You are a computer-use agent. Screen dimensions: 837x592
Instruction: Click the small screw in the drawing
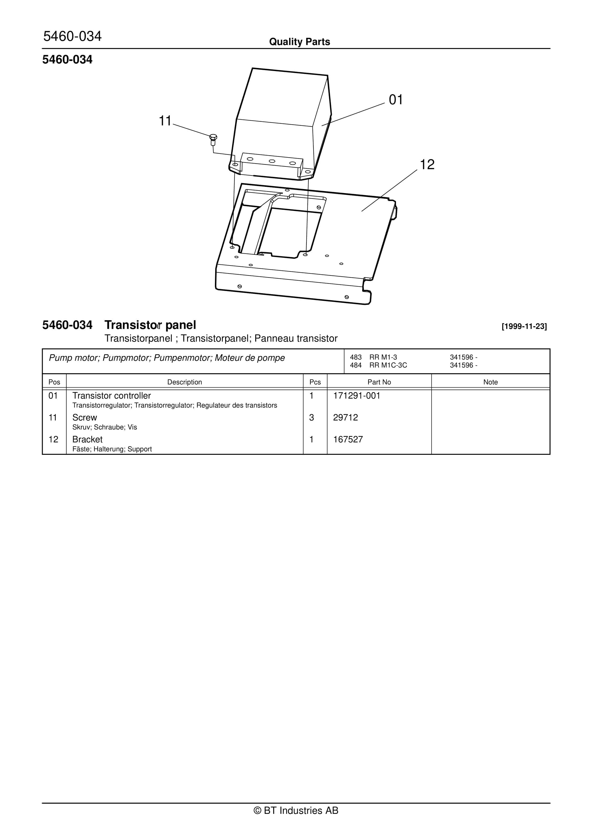tap(213, 139)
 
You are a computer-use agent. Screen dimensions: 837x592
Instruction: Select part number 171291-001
tap(356, 396)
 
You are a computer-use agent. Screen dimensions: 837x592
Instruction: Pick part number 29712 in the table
tap(345, 418)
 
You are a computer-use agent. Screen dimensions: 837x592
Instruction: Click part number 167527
tap(348, 440)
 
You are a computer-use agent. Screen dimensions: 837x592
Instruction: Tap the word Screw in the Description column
tap(85, 418)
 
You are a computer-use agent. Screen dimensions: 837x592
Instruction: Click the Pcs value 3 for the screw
tap(311, 418)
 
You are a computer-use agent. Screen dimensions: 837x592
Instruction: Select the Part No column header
tap(379, 382)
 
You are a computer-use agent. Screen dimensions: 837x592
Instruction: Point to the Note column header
tap(490, 382)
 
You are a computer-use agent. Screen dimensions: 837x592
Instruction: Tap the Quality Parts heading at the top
tap(299, 42)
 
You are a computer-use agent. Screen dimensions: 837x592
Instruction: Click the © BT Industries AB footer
tap(296, 810)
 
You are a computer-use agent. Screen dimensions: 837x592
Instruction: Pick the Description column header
tap(185, 382)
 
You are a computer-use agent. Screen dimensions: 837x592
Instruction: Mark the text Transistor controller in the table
tap(111, 396)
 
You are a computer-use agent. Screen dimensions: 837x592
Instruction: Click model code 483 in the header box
tap(355, 357)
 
